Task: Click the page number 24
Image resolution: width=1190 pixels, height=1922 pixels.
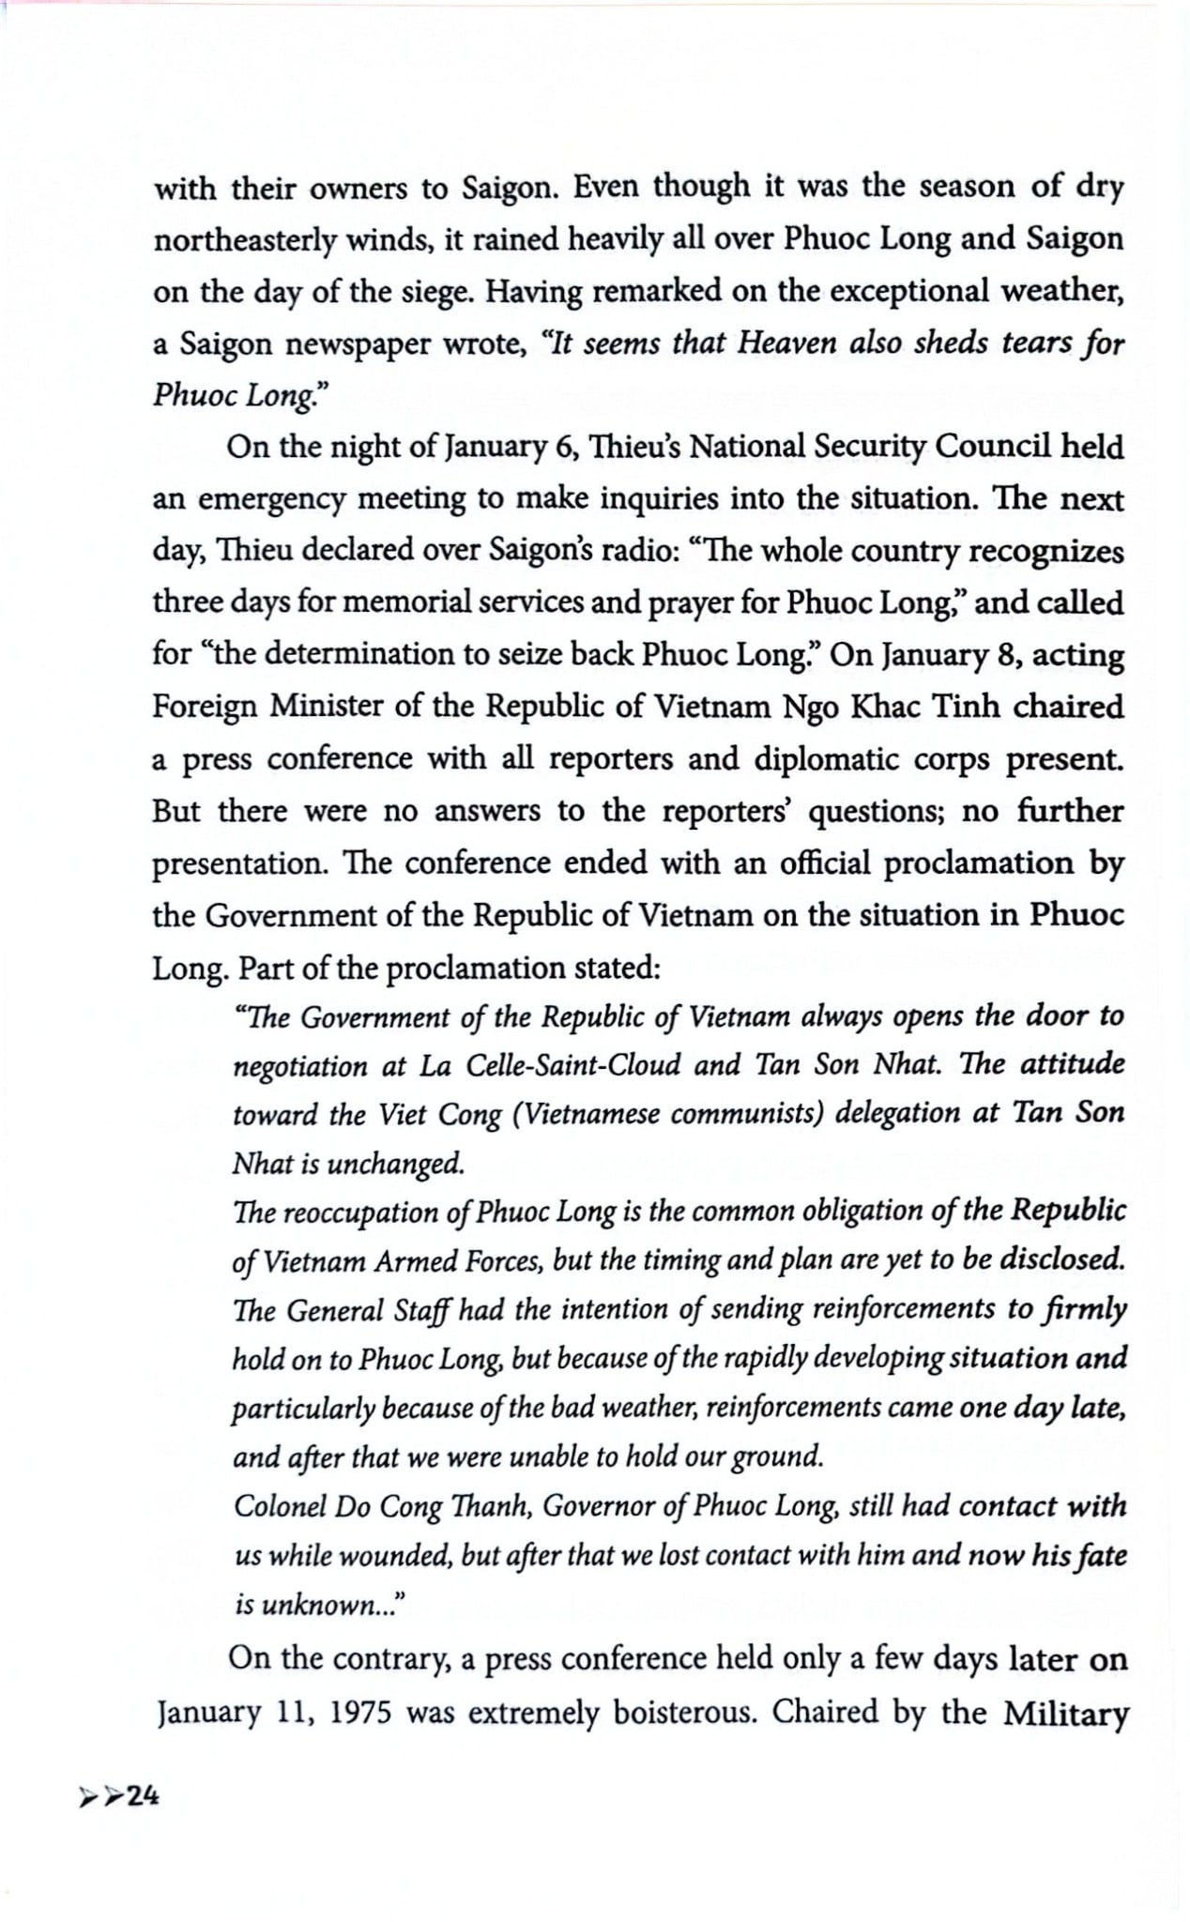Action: tap(144, 1795)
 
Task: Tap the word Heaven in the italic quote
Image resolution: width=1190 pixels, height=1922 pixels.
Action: tap(787, 343)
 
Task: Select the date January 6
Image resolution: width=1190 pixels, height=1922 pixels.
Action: tap(511, 448)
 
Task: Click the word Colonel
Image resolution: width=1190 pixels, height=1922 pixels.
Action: tap(280, 1506)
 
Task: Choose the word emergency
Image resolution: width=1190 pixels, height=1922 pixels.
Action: tap(272, 499)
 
